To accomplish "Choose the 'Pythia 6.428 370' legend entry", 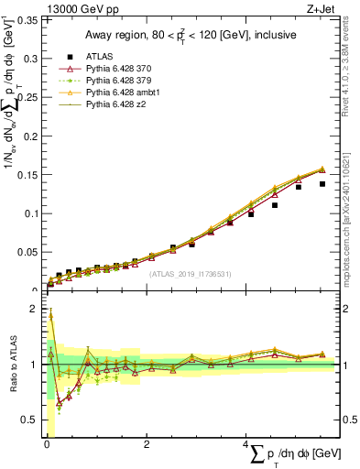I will (x=120, y=71).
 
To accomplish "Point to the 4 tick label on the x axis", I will (x=245, y=445).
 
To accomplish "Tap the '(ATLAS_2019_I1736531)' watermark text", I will (x=190, y=273).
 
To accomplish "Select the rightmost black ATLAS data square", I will (x=322, y=184).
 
